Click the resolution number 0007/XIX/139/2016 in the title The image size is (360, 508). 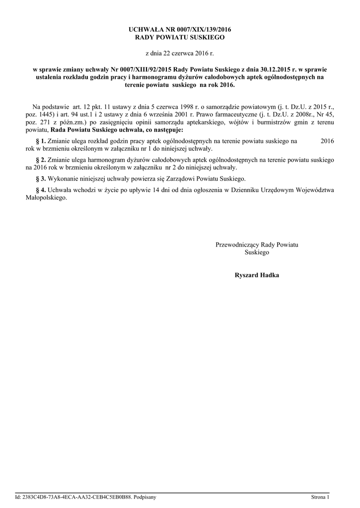[x=201, y=30]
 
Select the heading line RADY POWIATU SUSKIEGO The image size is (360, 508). [x=180, y=37]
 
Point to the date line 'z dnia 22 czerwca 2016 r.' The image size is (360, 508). [x=180, y=52]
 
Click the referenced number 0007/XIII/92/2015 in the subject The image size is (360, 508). [x=148, y=70]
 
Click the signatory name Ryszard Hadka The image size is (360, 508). [x=257, y=274]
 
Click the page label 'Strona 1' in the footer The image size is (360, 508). [x=320, y=497]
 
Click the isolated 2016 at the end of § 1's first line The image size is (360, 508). [x=327, y=141]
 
